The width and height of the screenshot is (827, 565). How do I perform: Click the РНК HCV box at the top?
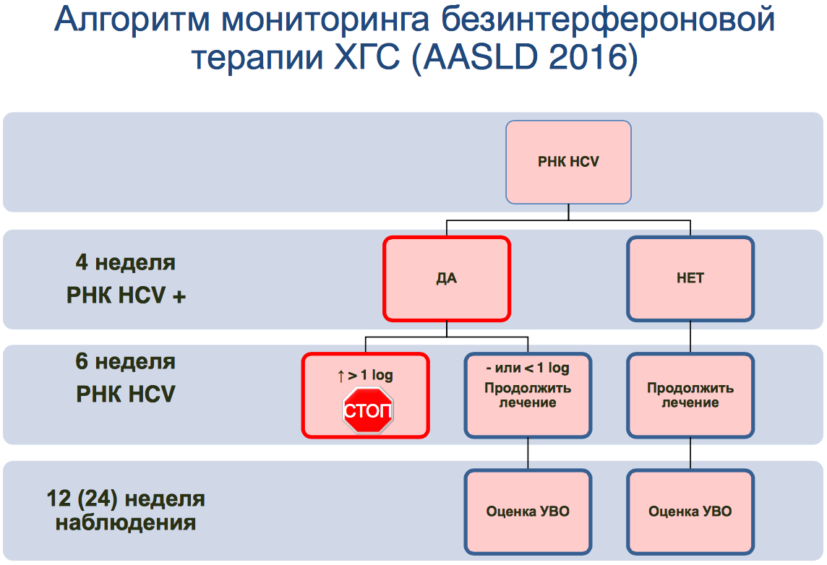(x=568, y=162)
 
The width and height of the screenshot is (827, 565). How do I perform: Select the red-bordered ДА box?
(x=447, y=278)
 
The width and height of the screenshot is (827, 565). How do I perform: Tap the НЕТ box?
(x=690, y=278)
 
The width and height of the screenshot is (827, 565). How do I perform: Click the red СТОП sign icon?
(x=367, y=411)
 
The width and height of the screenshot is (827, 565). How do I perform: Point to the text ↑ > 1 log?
(x=365, y=375)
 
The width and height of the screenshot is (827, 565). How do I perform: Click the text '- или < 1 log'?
(x=528, y=368)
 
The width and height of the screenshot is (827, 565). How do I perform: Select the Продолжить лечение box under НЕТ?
(x=690, y=395)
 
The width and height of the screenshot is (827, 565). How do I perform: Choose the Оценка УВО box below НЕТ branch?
(x=690, y=512)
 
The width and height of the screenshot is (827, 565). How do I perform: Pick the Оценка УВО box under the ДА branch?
(x=528, y=512)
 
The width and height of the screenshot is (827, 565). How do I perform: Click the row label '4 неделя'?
(x=126, y=262)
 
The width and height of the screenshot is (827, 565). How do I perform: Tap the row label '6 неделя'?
(x=126, y=361)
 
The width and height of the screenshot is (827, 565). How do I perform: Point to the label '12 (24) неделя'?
(x=126, y=499)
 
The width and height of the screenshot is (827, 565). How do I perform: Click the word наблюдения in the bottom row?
(x=126, y=522)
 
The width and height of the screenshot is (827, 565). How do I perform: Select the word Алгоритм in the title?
(x=133, y=22)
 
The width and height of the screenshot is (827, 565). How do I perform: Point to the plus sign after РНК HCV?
(x=179, y=296)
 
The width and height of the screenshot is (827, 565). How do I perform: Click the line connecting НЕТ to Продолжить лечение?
(x=690, y=337)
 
